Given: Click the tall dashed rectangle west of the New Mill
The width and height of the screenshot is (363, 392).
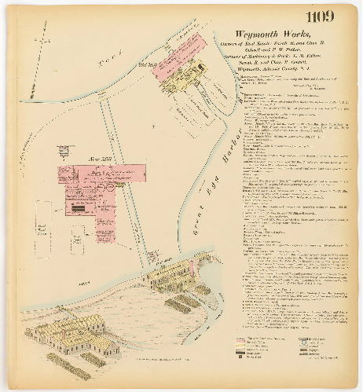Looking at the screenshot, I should pyautogui.click(x=44, y=221).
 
